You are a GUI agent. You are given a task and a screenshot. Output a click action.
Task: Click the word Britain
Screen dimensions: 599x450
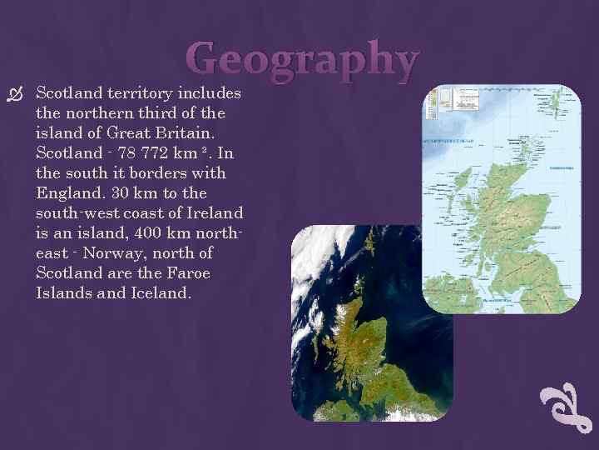pos(193,132)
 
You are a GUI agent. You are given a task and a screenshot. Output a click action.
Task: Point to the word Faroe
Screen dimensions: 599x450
pos(184,273)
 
